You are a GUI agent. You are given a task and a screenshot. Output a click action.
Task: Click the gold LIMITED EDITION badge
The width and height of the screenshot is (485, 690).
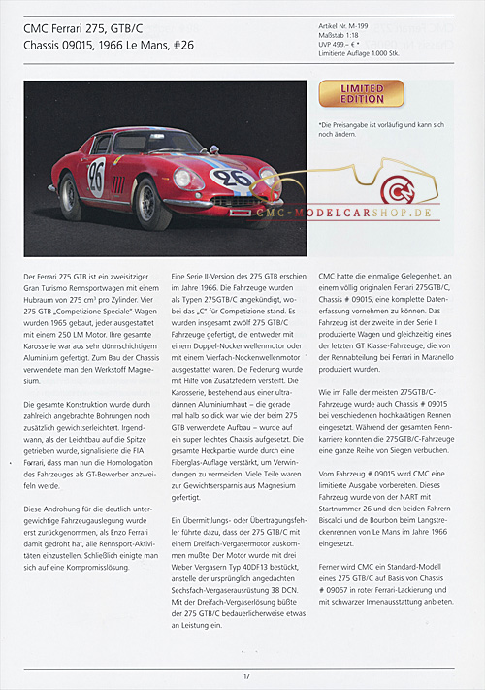[x=362, y=94]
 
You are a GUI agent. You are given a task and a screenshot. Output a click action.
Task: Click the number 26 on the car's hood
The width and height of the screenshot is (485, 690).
[x=233, y=178]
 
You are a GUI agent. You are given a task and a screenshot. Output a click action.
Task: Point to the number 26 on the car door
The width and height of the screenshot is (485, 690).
[x=97, y=176]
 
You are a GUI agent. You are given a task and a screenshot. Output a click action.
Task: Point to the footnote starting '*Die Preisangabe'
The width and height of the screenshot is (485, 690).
[x=382, y=130]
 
